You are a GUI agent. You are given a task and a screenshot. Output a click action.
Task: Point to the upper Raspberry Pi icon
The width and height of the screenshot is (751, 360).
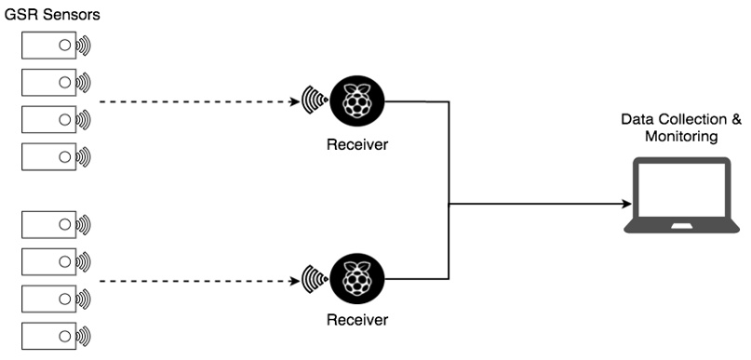[x=357, y=100]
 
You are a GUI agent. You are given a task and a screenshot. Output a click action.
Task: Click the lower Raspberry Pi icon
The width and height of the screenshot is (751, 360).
[x=357, y=277]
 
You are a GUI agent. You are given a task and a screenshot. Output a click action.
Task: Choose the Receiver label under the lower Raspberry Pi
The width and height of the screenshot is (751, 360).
[x=357, y=321]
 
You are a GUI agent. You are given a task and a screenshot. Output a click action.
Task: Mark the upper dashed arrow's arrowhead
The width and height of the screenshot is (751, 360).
[x=291, y=100]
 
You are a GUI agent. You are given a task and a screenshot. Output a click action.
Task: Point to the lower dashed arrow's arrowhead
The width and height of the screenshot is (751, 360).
[x=291, y=278]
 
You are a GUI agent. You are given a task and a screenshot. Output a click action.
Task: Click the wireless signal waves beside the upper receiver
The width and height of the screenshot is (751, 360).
[x=314, y=100]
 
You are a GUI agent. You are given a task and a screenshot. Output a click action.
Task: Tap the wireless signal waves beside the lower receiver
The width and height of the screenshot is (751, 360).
[x=314, y=278]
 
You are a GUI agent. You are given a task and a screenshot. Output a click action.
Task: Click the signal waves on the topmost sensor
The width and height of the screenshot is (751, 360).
[x=84, y=45]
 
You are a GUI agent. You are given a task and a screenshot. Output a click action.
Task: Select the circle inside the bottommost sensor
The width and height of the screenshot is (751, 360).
[x=65, y=334]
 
